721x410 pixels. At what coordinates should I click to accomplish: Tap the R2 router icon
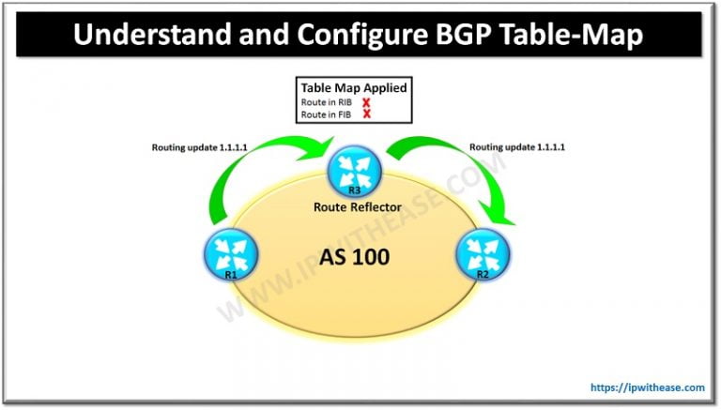[480, 254]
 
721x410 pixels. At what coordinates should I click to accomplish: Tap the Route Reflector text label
[357, 206]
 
